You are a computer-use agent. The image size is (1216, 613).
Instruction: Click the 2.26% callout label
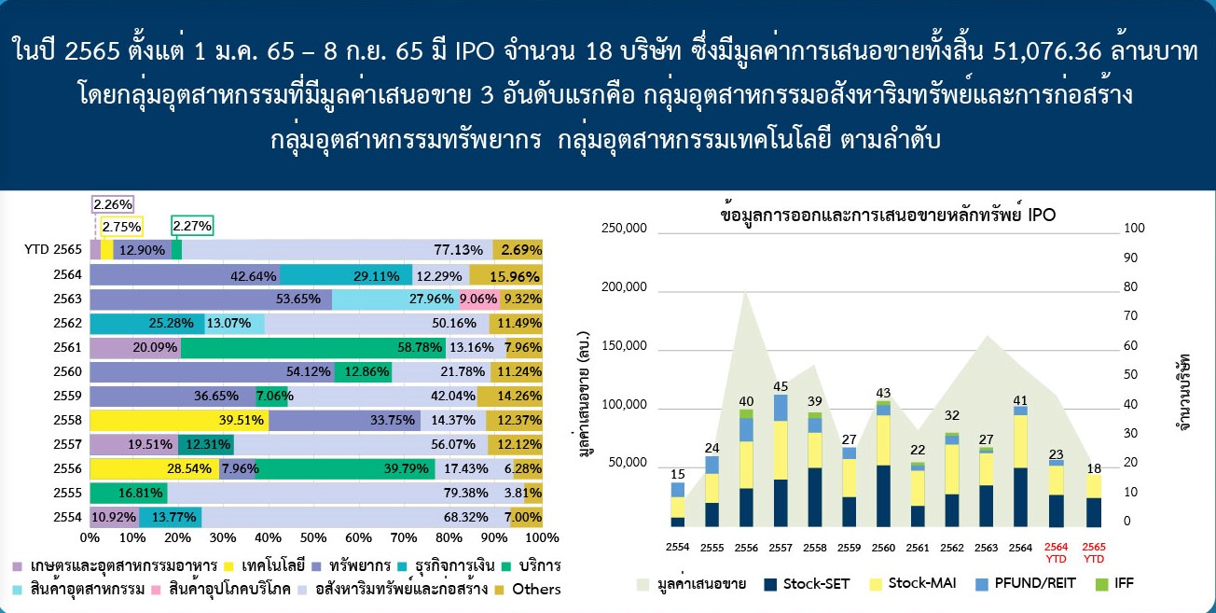pyautogui.click(x=113, y=204)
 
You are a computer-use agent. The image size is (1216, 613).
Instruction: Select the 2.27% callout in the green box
pyautogui.click(x=192, y=226)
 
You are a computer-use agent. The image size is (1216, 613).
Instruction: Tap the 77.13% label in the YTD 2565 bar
pyautogui.click(x=458, y=250)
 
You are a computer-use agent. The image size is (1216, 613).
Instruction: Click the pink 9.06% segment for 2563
pyautogui.click(x=478, y=300)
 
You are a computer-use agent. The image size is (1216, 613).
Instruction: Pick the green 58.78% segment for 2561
pyautogui.click(x=313, y=347)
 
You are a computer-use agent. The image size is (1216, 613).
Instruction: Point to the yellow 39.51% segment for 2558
pyautogui.click(x=179, y=420)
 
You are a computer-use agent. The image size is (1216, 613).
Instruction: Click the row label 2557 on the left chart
pyautogui.click(x=67, y=445)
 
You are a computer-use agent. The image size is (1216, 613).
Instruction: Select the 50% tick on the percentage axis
pyautogui.click(x=312, y=537)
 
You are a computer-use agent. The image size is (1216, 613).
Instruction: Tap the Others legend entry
pyautogui.click(x=530, y=590)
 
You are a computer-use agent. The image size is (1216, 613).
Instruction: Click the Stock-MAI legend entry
pyautogui.click(x=913, y=584)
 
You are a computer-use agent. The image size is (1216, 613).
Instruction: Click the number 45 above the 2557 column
pyautogui.click(x=781, y=386)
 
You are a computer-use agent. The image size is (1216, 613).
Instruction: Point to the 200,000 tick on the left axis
pyautogui.click(x=624, y=286)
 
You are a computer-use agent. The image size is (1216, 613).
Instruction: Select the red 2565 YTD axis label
pyautogui.click(x=1094, y=552)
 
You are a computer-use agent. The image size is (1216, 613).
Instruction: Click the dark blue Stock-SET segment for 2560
pyautogui.click(x=883, y=495)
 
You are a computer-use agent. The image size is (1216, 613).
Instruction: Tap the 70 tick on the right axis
pyautogui.click(x=1130, y=316)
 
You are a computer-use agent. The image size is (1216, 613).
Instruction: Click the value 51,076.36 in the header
pyautogui.click(x=1047, y=51)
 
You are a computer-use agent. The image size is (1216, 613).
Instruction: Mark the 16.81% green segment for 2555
pyautogui.click(x=129, y=493)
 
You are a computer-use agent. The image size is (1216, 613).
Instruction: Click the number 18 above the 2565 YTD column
pyautogui.click(x=1093, y=468)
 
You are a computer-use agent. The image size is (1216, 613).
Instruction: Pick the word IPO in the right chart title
pyautogui.click(x=1042, y=215)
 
